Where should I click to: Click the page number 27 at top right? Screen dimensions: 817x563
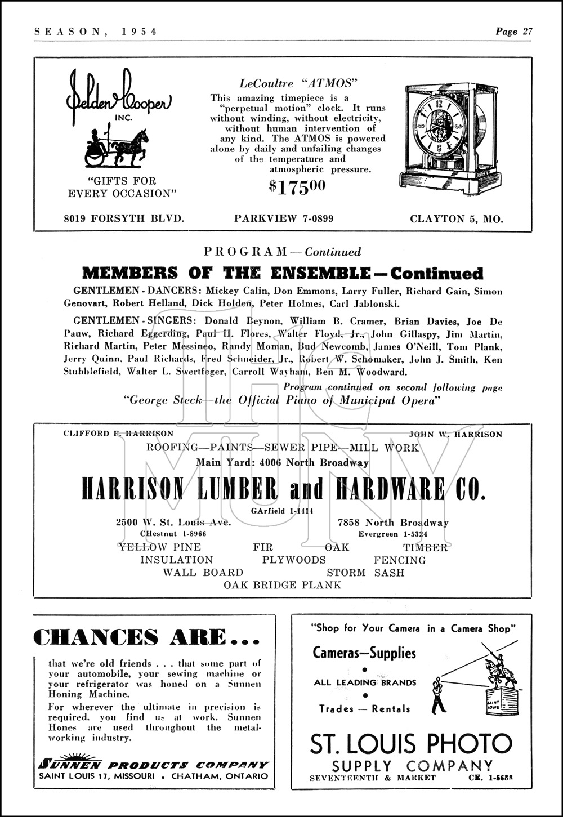coord(527,32)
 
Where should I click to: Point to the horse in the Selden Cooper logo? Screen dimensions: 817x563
coord(130,147)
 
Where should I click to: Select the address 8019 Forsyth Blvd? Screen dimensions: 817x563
coord(124,218)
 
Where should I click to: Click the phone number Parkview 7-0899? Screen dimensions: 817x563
coord(284,218)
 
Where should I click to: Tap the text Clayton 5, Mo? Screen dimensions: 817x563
coord(457,218)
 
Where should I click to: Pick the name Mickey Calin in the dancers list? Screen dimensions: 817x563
coord(229,291)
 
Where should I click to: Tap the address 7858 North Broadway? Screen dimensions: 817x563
coord(393,523)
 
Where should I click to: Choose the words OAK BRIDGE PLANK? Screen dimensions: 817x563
coord(283,585)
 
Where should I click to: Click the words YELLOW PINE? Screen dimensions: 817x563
coord(159,547)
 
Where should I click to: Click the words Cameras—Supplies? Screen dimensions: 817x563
coord(364,653)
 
